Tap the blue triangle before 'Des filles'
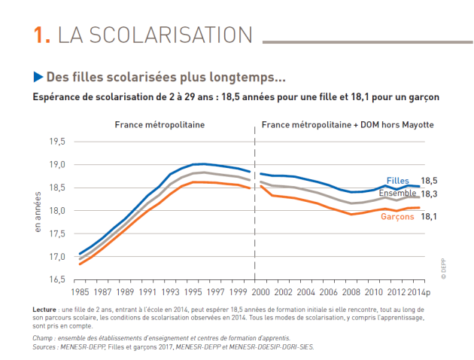coord(38,77)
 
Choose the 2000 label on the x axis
coord(261,291)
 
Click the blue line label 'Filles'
coord(397,181)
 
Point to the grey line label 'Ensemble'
coord(399,193)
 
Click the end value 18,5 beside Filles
coord(430,181)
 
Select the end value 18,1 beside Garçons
coord(430,216)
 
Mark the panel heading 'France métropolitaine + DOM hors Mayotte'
coord(348,124)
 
